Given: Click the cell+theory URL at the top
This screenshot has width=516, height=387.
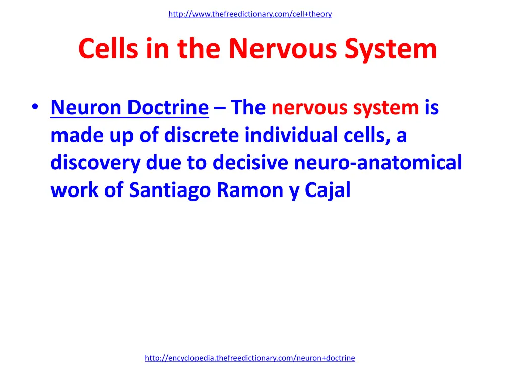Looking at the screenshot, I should coord(250,14).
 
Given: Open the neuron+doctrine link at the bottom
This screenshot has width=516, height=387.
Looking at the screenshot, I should coord(249,358).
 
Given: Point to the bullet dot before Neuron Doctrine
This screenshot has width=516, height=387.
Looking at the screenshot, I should coord(34,108).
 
